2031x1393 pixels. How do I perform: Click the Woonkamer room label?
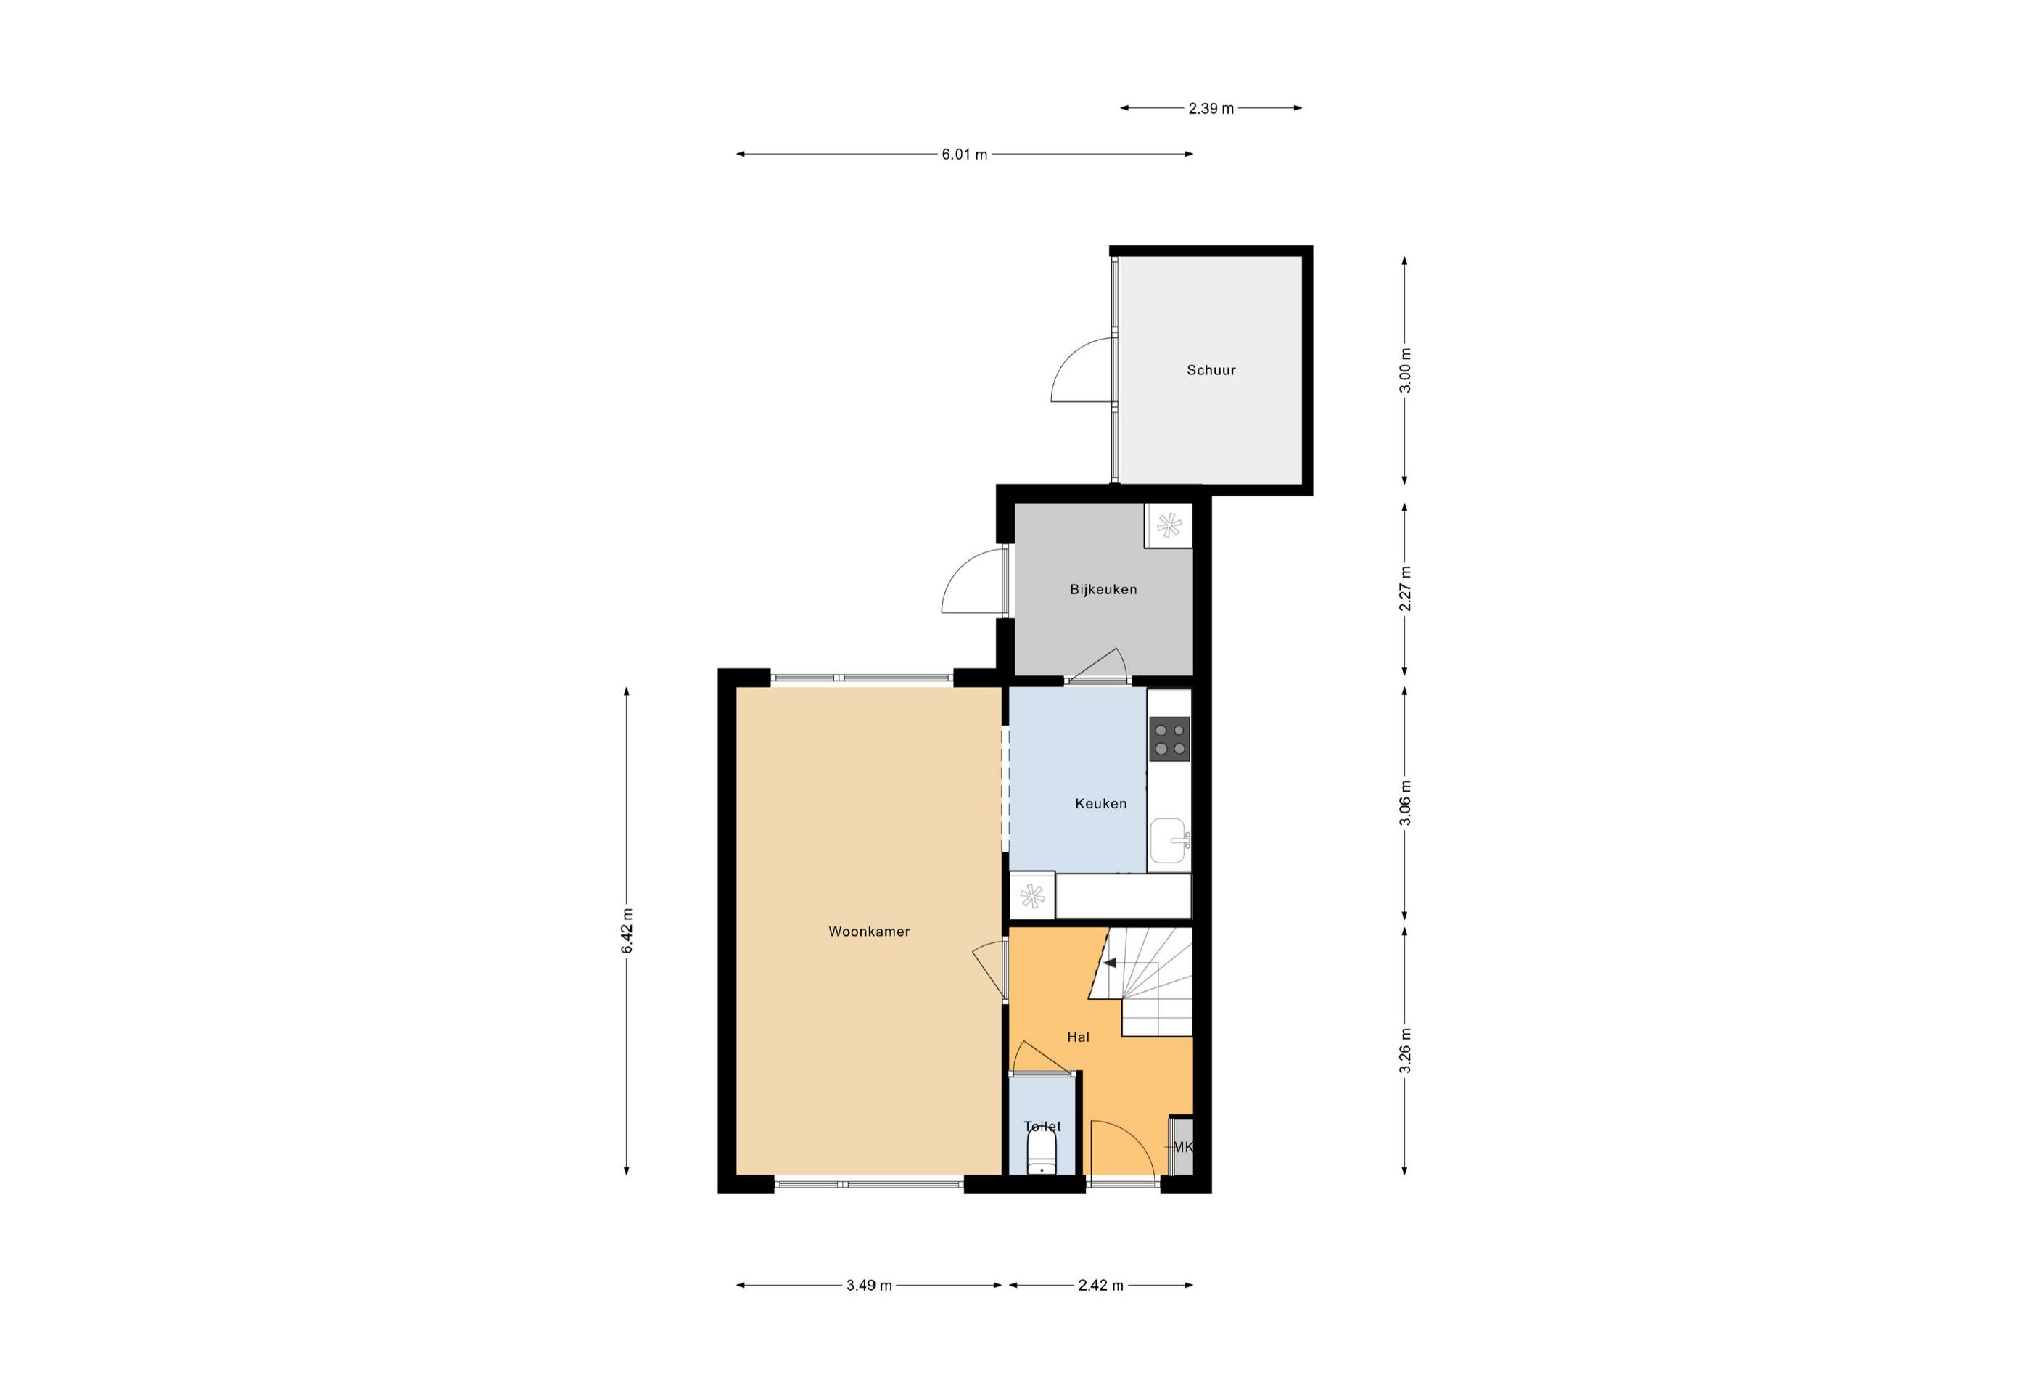click(869, 932)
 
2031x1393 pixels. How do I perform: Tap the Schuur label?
click(1211, 371)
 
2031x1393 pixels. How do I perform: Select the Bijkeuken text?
click(1104, 590)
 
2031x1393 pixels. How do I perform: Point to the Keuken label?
click(1101, 804)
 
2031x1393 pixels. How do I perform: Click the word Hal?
click(1079, 1037)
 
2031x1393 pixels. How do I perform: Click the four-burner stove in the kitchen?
click(1169, 739)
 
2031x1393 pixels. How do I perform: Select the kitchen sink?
click(1169, 841)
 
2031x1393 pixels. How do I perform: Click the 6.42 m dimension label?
click(627, 932)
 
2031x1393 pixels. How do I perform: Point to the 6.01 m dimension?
click(964, 155)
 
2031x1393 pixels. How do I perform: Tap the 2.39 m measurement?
click(1211, 108)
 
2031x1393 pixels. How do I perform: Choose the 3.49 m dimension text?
click(869, 1286)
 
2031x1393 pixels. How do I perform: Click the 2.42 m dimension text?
click(1101, 1286)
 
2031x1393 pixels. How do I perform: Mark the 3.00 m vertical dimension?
click(1405, 371)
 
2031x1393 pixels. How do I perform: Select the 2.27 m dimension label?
click(1405, 589)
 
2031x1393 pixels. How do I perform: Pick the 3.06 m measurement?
click(1405, 803)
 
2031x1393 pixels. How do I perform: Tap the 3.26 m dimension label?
click(1405, 1051)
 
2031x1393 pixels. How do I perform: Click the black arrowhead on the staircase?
click(1110, 963)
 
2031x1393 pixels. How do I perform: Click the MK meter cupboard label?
click(1182, 1148)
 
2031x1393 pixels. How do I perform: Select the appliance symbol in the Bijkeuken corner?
click(1169, 526)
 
